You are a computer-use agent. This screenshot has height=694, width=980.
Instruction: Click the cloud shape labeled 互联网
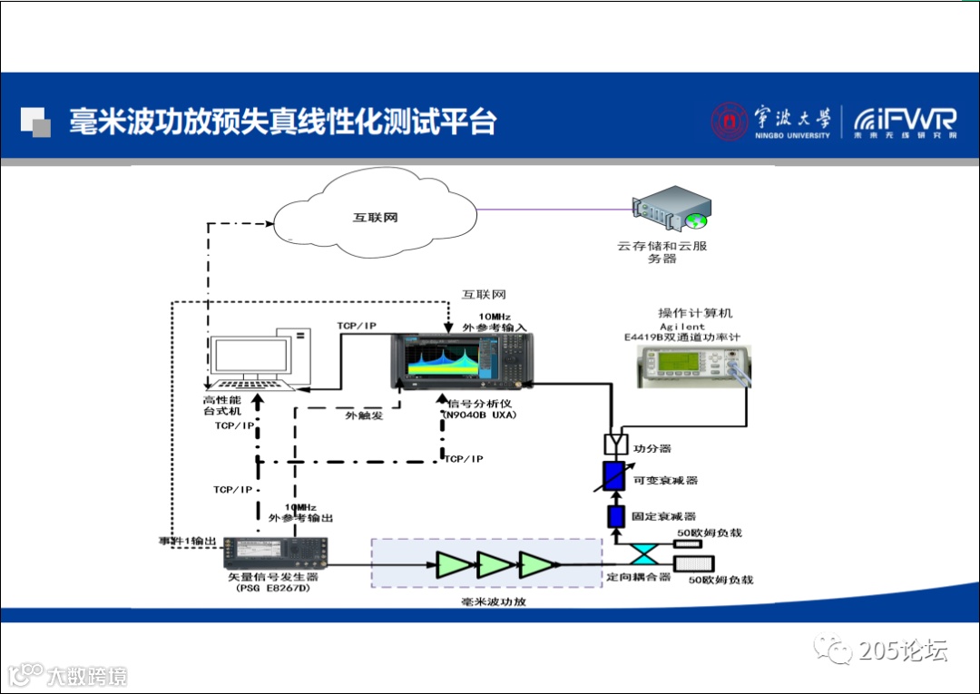tap(375, 219)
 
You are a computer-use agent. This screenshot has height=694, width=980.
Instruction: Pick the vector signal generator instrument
tap(274, 550)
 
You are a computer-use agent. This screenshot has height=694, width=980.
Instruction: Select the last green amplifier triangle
tap(536, 563)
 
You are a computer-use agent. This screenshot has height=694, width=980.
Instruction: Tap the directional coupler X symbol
tap(647, 553)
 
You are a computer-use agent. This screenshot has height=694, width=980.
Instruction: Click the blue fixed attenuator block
tap(615, 517)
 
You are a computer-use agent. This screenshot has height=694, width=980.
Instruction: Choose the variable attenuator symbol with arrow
tap(616, 477)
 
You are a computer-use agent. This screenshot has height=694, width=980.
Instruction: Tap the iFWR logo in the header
tap(904, 121)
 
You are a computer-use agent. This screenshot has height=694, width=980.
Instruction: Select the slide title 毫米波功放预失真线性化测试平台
tap(282, 122)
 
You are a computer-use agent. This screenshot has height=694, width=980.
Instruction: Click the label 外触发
tap(364, 415)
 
